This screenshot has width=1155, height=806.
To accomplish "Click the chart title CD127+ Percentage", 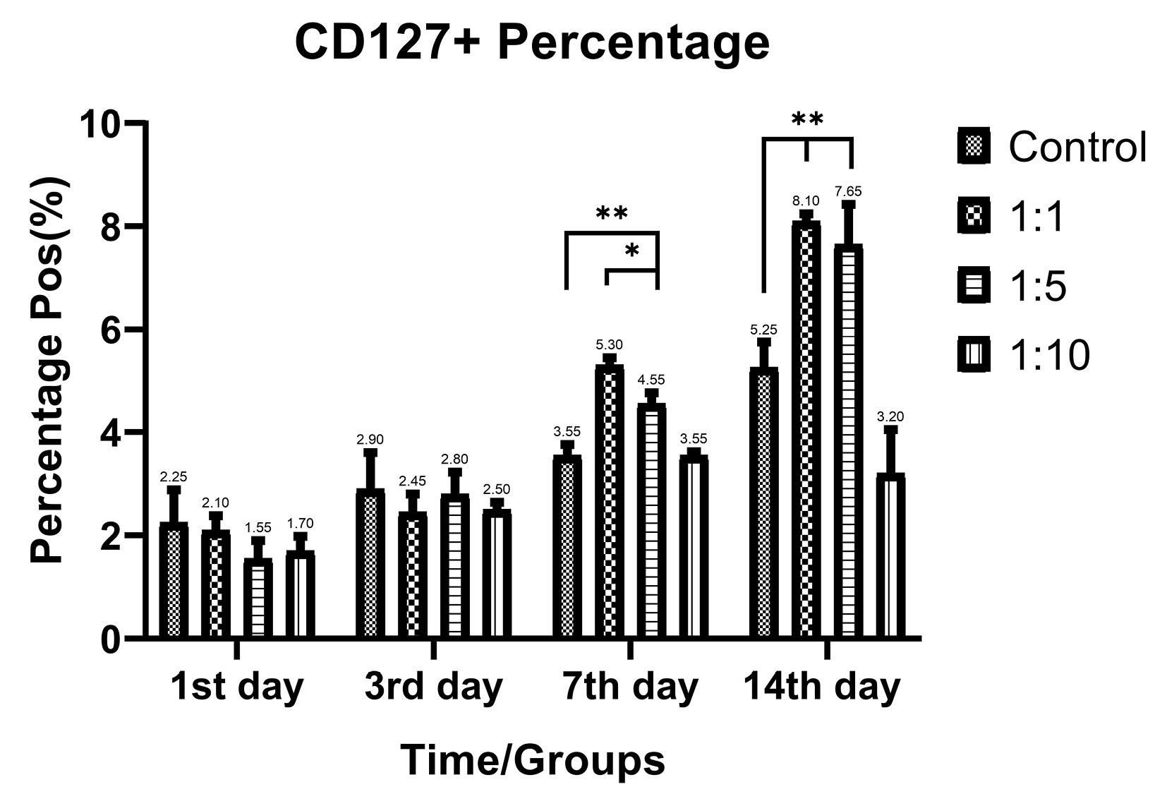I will [531, 43].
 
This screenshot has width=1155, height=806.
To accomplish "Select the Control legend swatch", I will [974, 147].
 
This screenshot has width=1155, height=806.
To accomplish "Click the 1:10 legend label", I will [1049, 354].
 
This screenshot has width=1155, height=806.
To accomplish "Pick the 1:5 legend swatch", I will [974, 286].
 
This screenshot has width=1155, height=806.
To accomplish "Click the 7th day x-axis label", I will [630, 686].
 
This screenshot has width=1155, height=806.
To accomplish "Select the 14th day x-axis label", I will [822, 686].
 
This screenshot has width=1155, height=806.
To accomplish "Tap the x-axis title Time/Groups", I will [533, 761].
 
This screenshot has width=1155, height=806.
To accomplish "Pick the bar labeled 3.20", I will [890, 556].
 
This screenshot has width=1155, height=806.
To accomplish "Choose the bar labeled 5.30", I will [609, 501].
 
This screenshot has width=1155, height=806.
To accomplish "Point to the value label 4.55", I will [651, 380].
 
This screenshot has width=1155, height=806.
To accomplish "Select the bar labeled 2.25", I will [174, 580].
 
